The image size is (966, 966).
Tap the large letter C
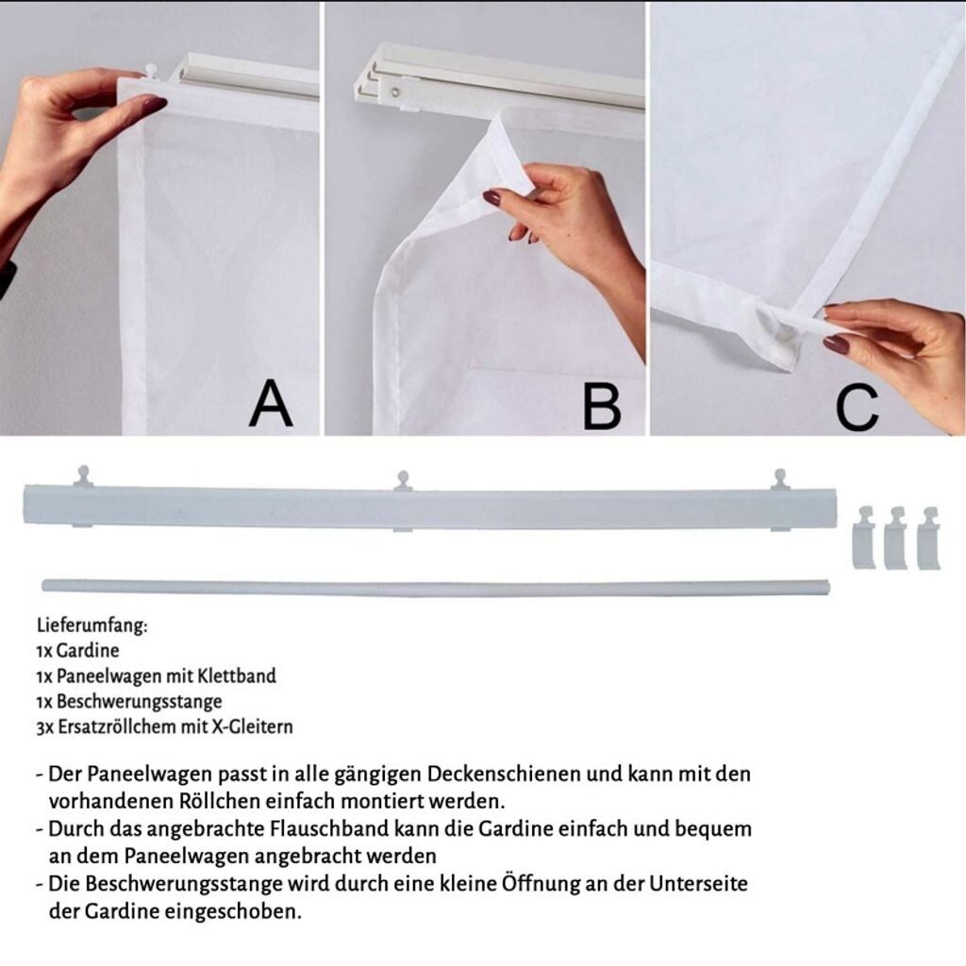click(857, 407)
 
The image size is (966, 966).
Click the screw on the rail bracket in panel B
click(396, 92)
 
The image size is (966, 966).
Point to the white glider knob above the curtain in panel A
click(151, 69)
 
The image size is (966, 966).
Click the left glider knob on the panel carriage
click(83, 476)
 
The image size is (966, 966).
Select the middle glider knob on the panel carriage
click(403, 480)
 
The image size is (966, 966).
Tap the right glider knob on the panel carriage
click(780, 478)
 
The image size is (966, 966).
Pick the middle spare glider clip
click(896, 538)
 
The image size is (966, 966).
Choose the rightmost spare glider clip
click(928, 538)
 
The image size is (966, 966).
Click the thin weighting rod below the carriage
click(435, 586)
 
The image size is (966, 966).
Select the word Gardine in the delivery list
click(88, 651)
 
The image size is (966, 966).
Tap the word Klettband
click(237, 675)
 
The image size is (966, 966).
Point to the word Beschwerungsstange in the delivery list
click(140, 702)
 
